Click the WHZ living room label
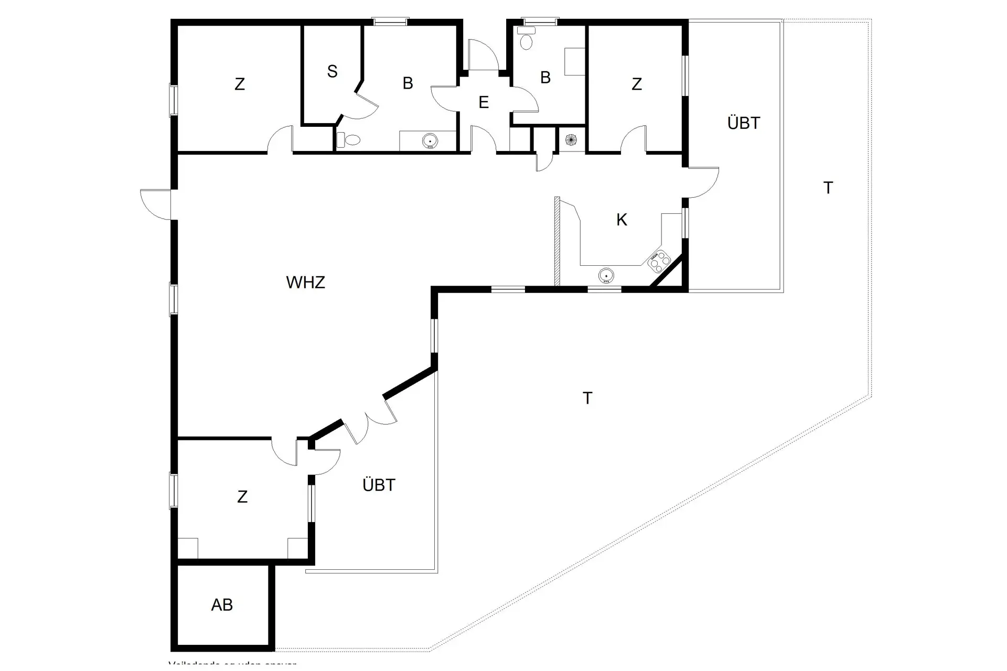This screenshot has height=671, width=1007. [305, 283]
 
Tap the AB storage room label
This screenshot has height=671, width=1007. [222, 605]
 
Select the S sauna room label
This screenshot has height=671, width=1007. [332, 72]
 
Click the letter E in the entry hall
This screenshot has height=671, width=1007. [484, 102]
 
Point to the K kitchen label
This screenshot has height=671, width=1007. [622, 220]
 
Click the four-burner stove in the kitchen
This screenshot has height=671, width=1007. [659, 261]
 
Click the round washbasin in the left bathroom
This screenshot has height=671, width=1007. [430, 140]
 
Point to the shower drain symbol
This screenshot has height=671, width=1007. [571, 140]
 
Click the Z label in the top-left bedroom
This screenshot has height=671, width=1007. [240, 84]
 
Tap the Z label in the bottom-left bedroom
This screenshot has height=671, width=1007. [242, 497]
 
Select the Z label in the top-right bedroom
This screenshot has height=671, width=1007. [637, 84]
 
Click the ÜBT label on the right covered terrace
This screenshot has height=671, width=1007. [743, 123]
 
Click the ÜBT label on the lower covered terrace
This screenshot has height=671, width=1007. [379, 485]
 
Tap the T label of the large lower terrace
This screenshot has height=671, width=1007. [587, 398]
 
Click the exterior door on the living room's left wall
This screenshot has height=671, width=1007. [155, 204]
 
